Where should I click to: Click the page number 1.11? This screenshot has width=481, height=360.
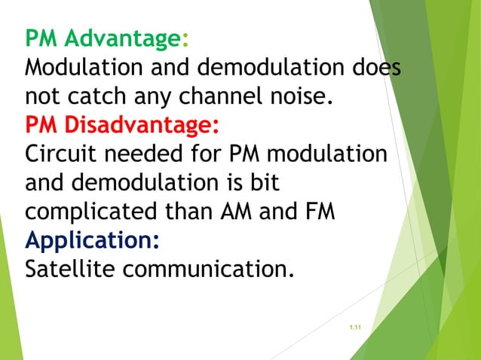click(x=356, y=327)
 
